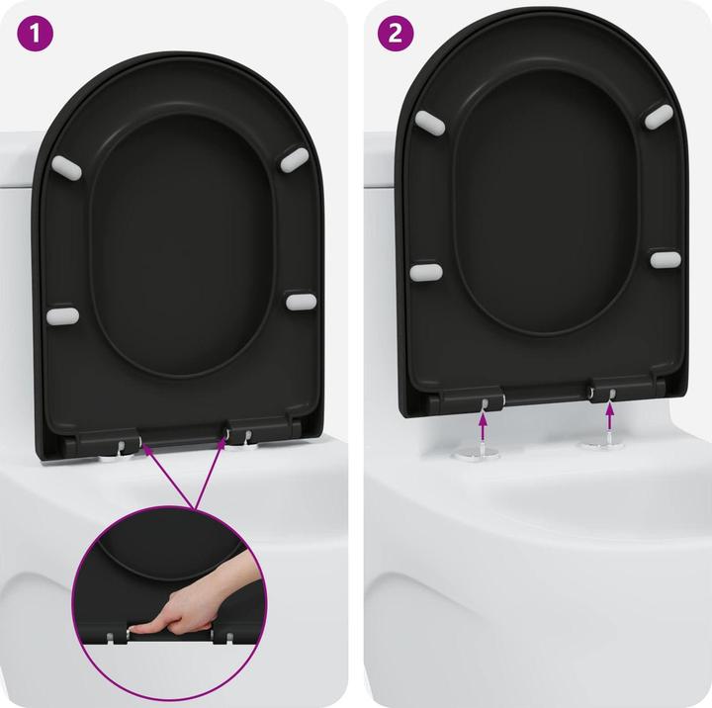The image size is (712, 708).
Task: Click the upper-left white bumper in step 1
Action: point(65,164)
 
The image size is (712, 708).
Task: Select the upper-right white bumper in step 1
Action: point(295,157)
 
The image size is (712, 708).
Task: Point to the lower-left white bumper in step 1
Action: point(62,315)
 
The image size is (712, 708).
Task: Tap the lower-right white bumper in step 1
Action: point(301,300)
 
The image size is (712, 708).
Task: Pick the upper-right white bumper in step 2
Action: point(660,116)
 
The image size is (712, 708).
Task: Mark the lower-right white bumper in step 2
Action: point(666,259)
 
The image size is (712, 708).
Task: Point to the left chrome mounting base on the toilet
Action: point(474,453)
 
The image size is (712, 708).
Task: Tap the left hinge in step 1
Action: point(123,440)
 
